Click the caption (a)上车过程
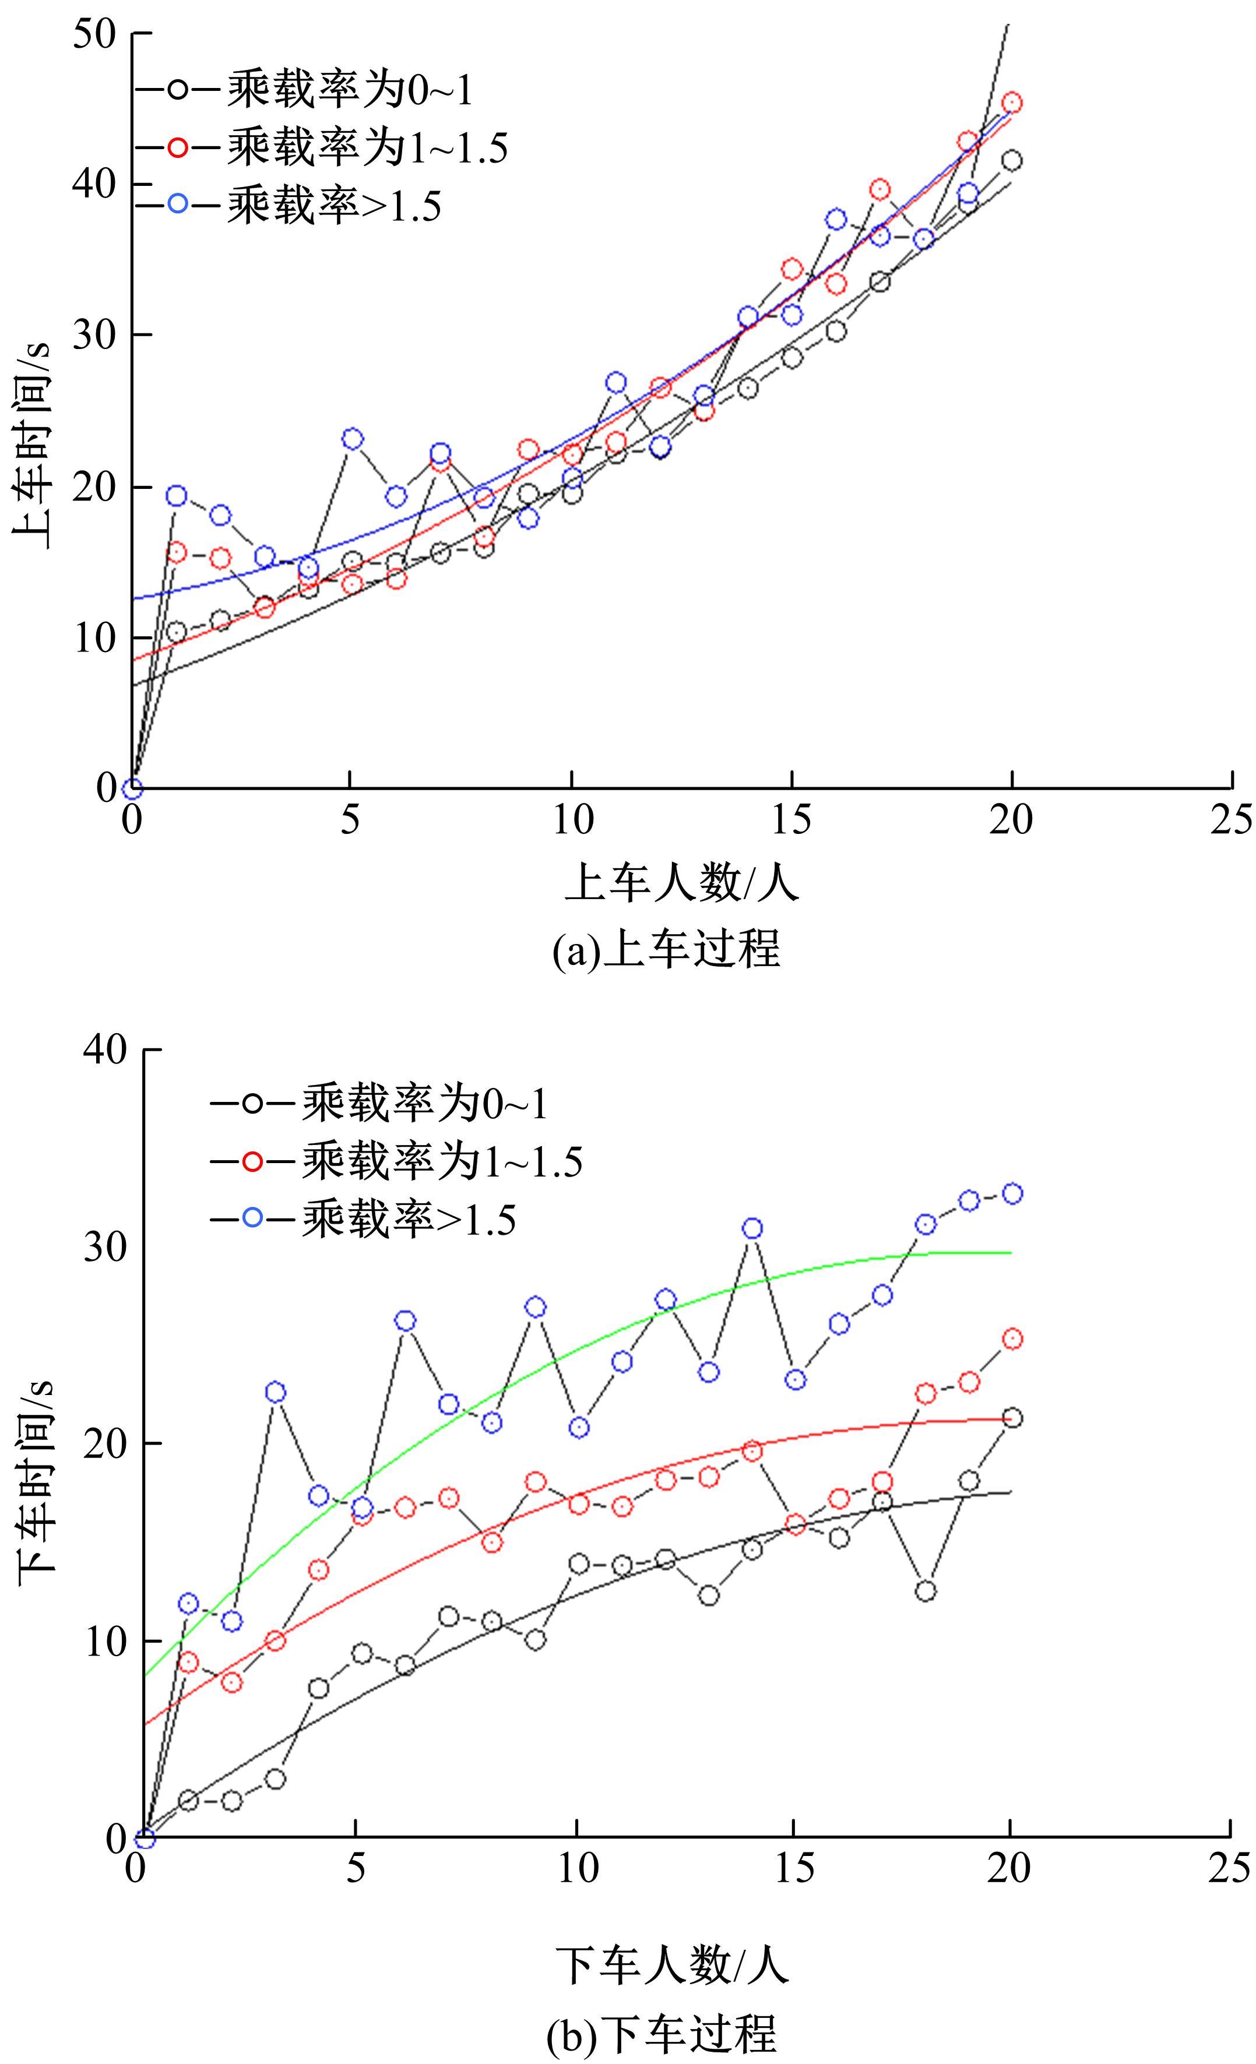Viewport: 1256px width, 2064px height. (667, 949)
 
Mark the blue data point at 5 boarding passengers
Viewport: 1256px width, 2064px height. (353, 439)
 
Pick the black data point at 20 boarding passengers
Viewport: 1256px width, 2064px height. (1011, 161)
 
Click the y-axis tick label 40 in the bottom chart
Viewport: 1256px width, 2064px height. (104, 1049)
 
